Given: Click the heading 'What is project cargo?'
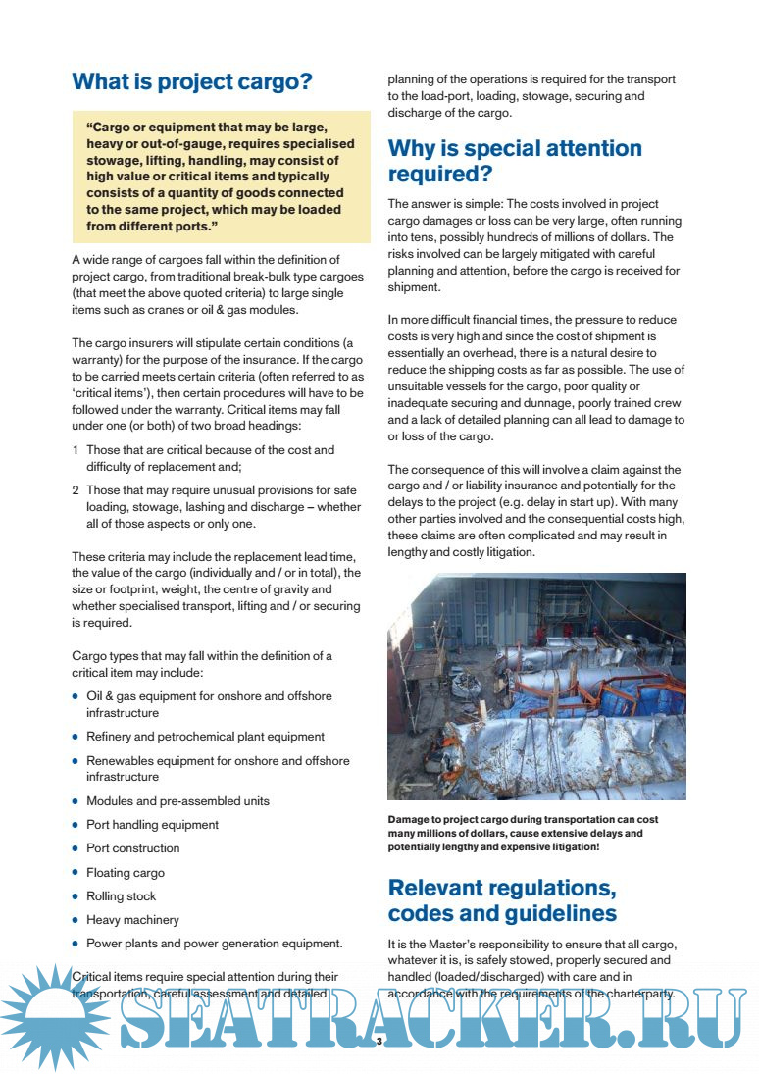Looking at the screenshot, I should [x=192, y=81].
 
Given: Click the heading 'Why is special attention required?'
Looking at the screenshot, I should [x=515, y=161].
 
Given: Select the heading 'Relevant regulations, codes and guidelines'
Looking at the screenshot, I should [x=502, y=900].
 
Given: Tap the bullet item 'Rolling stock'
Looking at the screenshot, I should [x=121, y=896].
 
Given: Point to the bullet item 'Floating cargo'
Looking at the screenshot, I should [x=126, y=873].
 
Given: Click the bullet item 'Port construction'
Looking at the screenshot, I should [x=133, y=848].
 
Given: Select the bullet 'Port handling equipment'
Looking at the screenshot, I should [x=152, y=825].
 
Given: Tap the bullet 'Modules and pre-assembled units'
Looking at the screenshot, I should [x=177, y=801].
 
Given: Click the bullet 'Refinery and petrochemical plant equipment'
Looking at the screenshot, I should [x=205, y=737].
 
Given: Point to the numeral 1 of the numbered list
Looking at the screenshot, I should [x=76, y=450].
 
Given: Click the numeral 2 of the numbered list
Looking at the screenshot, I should [x=76, y=490].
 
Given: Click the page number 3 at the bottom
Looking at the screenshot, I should [x=379, y=1041].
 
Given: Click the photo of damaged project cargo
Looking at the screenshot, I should [x=536, y=687].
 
